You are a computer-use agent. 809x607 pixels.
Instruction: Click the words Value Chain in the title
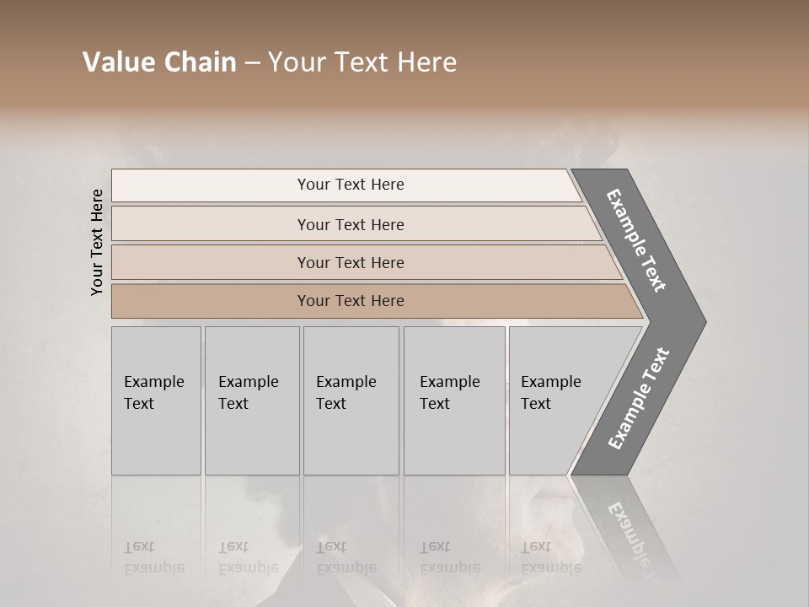159,62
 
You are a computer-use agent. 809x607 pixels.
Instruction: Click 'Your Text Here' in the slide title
362,62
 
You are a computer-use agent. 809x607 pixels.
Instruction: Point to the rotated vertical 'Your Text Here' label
97,242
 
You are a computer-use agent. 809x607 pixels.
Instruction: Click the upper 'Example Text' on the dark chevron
636,240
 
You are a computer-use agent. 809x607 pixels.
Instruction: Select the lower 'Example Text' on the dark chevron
638,399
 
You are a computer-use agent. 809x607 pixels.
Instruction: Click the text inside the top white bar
351,185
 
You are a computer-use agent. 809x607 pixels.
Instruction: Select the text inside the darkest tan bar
351,301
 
